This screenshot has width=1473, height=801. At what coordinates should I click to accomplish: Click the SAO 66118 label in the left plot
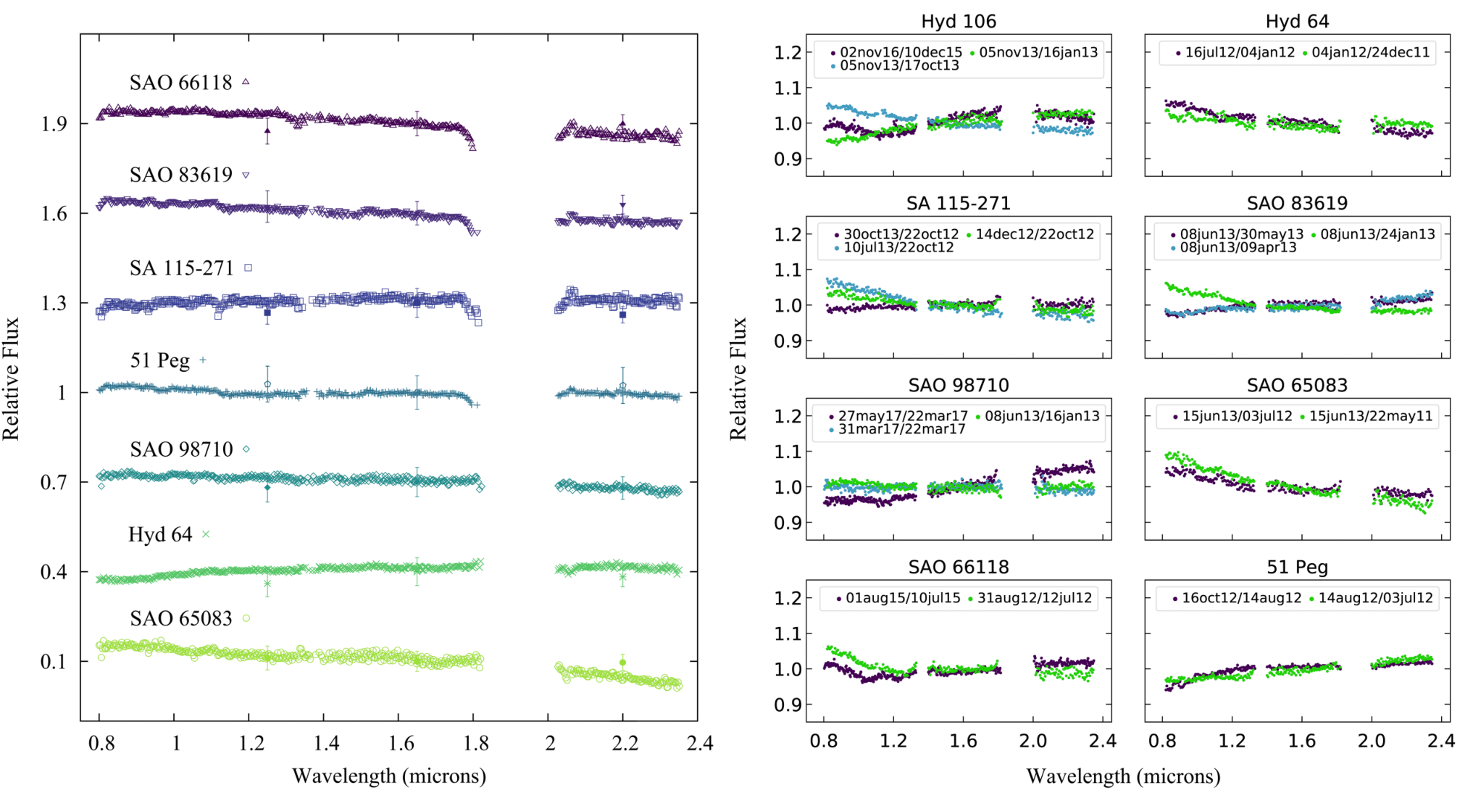(x=180, y=83)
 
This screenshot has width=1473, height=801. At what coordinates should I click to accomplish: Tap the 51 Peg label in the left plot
(x=159, y=360)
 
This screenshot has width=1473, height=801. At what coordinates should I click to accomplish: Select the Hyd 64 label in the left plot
(x=160, y=534)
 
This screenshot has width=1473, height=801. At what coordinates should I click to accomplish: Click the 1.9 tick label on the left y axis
(x=54, y=124)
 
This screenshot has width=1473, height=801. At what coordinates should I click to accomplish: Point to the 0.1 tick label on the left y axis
(x=54, y=662)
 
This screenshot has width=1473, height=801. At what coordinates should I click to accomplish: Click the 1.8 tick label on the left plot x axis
(x=475, y=743)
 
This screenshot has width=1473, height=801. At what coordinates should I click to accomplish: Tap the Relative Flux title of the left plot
(x=11, y=378)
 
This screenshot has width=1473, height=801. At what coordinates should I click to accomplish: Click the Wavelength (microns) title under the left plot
(x=389, y=776)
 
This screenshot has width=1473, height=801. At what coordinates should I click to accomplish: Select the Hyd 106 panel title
(x=959, y=22)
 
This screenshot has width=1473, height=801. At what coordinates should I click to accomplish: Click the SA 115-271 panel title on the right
(x=959, y=204)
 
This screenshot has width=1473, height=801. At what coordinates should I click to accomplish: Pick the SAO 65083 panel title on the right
(x=1297, y=386)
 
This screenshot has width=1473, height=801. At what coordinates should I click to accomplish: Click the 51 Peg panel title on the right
(x=1297, y=568)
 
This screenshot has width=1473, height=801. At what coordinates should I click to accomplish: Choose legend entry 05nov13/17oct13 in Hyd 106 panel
(x=899, y=66)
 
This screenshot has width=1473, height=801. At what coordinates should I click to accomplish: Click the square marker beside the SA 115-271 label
(x=248, y=268)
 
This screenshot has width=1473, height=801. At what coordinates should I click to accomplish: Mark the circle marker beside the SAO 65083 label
(x=246, y=618)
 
